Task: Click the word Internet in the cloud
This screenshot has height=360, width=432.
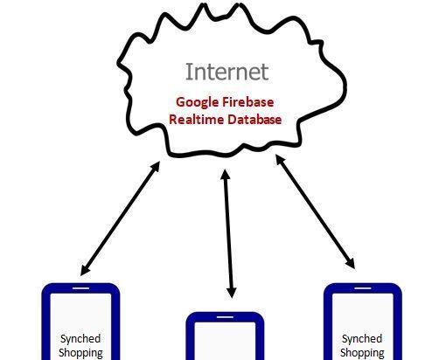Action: pos(226,72)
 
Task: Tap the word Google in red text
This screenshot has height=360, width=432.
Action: pos(198,103)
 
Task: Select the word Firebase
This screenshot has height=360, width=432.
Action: pos(248,102)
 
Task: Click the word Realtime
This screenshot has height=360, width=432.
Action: pos(197,120)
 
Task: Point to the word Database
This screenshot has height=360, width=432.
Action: pos(254,120)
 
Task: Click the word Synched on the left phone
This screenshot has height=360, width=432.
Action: pos(80,339)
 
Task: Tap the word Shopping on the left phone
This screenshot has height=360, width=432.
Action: pos(80,353)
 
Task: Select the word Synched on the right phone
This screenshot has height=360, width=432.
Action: pos(362,339)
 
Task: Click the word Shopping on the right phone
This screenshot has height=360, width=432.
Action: pos(362,353)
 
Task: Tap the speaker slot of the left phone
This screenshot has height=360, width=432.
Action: pos(80,288)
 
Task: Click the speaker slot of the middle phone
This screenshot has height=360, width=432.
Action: pos(225,317)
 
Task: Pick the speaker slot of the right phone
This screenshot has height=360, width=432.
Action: pos(363,288)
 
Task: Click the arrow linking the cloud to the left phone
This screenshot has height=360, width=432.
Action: pos(120,218)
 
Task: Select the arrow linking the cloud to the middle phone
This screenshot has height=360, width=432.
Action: pos(228,233)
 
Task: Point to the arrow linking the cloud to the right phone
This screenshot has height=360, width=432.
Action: pos(315,211)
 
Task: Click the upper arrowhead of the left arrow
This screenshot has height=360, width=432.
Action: pos(157,167)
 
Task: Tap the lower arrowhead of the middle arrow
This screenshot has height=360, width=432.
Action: pos(232,293)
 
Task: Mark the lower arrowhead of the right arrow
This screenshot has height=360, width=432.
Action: pos(351,263)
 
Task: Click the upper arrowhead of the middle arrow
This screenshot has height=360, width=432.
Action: pos(226,174)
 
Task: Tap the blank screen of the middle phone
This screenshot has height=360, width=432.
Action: pos(225,341)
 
